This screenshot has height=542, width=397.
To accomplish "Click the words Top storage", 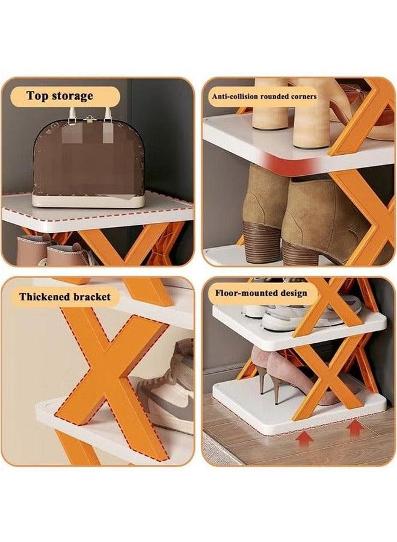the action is (x=60, y=96).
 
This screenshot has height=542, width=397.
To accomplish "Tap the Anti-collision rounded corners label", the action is (x=264, y=96).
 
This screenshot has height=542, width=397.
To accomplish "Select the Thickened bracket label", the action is (x=65, y=296).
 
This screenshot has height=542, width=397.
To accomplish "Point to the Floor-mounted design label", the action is (x=261, y=293).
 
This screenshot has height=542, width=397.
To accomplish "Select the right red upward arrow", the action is (x=354, y=428).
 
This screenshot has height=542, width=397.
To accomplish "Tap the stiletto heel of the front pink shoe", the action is (x=277, y=391).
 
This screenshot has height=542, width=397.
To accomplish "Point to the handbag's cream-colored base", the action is (x=88, y=201).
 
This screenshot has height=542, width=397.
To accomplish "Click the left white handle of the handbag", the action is (x=72, y=117).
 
